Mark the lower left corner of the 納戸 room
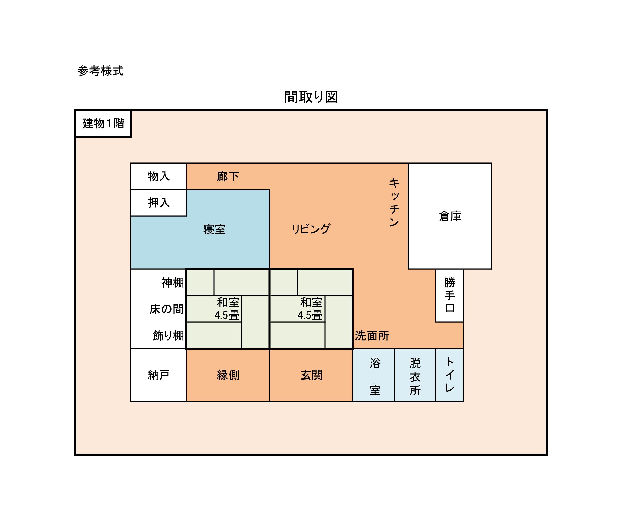point(131,401)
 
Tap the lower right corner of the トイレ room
point(464,401)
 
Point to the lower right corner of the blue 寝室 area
point(270,269)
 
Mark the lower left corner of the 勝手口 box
point(436,322)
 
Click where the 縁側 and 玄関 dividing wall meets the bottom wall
point(270,401)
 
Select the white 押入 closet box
point(159,203)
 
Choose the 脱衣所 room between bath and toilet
point(415,375)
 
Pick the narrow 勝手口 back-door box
point(450,296)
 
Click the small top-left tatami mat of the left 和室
point(200,282)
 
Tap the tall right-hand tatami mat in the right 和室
point(338,322)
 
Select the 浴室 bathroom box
point(373,375)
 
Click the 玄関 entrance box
point(311,375)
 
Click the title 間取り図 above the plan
point(311,97)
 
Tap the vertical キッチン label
point(394,203)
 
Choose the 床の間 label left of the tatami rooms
point(167,309)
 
